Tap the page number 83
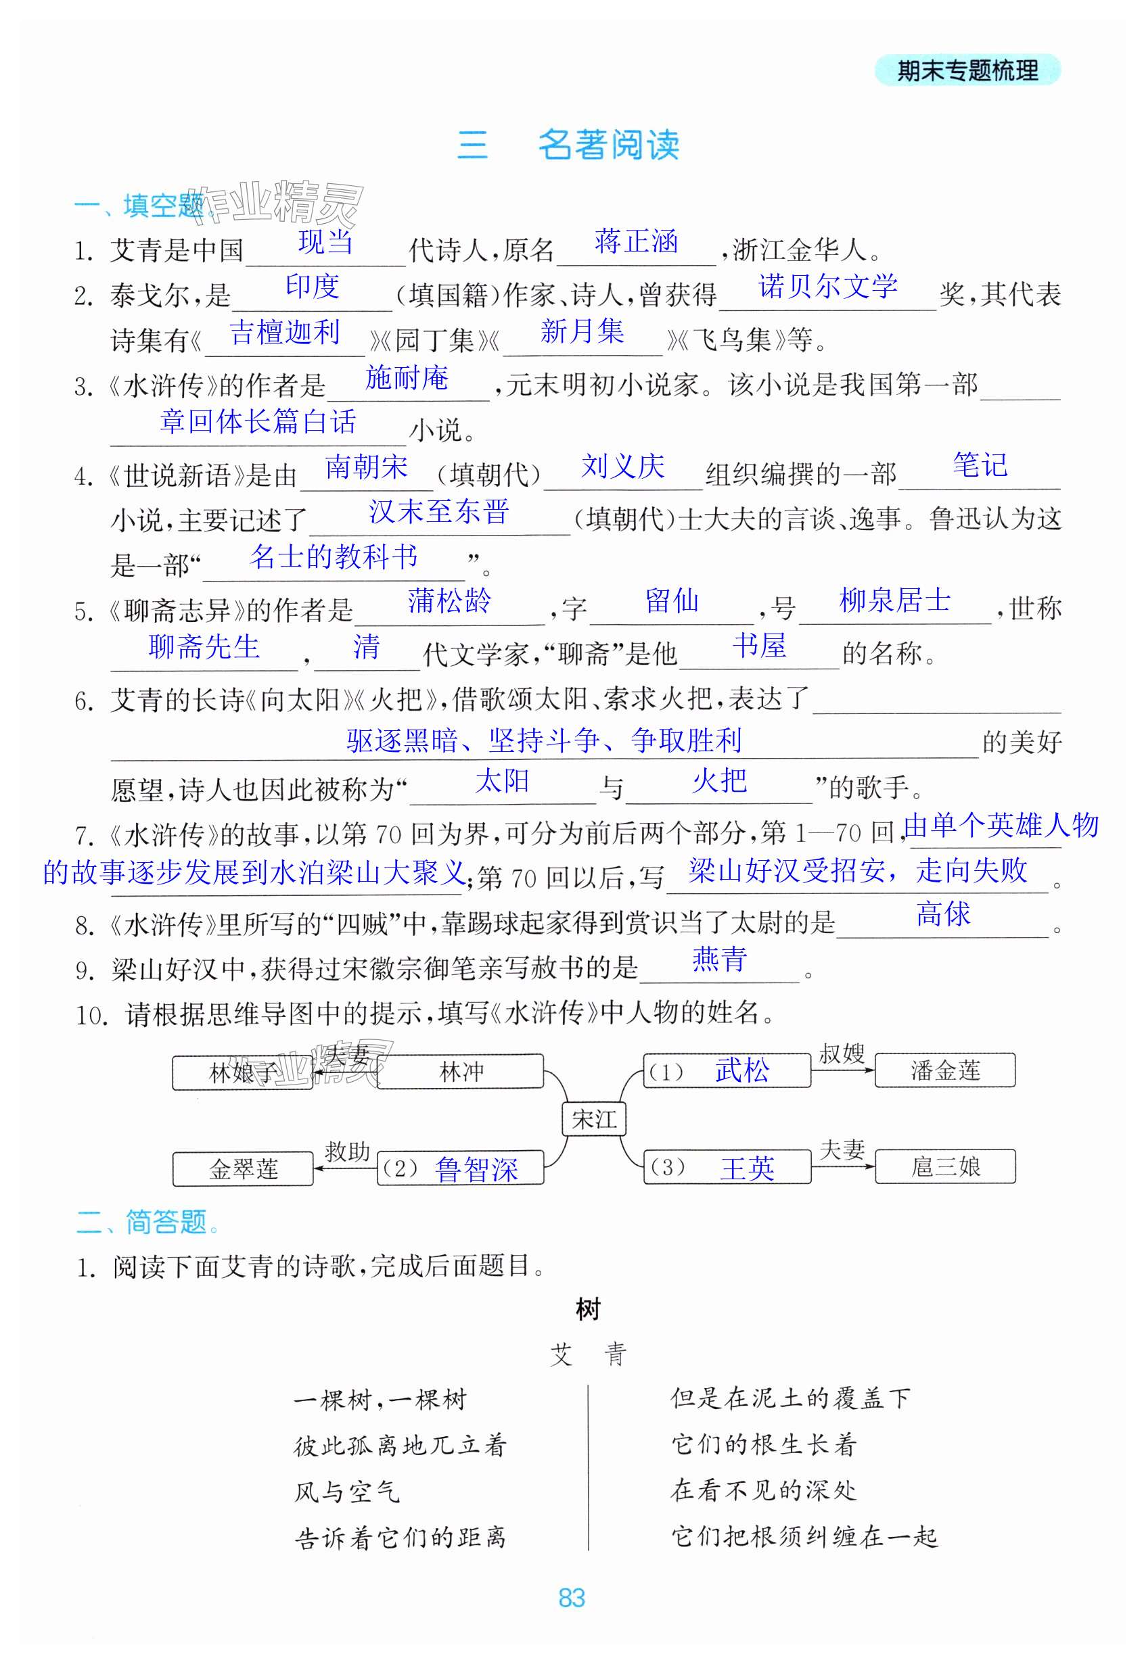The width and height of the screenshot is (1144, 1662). pos(571,1597)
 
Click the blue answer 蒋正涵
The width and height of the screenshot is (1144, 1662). pos(636,241)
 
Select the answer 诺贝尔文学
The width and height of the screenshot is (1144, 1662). pos(827,287)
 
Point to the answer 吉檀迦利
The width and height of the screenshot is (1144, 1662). pos(285,333)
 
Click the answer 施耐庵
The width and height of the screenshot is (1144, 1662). pos(407,377)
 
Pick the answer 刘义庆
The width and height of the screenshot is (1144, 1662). pos(622,467)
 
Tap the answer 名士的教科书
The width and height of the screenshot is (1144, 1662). pos(334,556)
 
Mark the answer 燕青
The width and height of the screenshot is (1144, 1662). pos(719,959)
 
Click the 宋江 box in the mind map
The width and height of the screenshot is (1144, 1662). pos(593,1119)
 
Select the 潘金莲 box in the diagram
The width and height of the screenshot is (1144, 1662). pos(944,1071)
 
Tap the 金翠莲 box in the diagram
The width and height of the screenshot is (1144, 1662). pos(243,1169)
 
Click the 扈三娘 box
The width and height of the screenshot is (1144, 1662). pos(944,1167)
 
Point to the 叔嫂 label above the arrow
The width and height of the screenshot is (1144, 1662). pos(842,1053)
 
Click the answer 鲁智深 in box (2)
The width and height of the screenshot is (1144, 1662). pos(476,1169)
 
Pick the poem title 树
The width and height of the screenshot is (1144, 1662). pos(588,1310)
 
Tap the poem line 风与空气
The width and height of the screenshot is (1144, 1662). pos(347,1492)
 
